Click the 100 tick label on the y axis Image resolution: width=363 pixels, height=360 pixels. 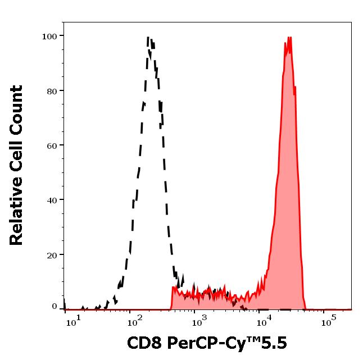[x=50, y=37]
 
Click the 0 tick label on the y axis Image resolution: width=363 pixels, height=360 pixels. [x=55, y=307]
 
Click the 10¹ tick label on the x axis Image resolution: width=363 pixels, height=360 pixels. [x=74, y=322]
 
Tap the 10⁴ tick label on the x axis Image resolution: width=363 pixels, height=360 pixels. [x=263, y=322]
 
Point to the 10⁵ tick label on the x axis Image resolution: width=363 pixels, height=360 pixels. [x=328, y=322]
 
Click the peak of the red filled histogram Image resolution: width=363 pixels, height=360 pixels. [x=289, y=38]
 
